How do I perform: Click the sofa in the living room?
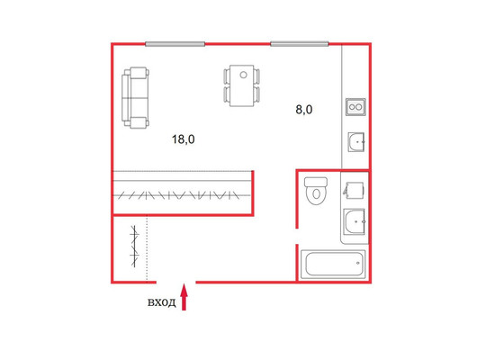click(135, 98)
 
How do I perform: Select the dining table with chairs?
click(242, 85)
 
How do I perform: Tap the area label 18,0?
click(184, 139)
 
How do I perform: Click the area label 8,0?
click(304, 110)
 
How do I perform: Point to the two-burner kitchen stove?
click(355, 107)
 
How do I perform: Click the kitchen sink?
click(356, 142)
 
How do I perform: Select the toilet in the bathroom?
click(316, 191)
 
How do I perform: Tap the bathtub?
click(333, 265)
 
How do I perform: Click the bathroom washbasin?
click(355, 221)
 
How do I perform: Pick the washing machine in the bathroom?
click(354, 190)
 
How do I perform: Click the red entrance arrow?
click(184, 297)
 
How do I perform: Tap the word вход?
click(161, 302)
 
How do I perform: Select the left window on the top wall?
click(175, 44)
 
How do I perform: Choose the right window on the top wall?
click(300, 44)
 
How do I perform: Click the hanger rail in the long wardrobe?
click(182, 195)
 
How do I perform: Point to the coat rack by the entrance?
click(134, 247)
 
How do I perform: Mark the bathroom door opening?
click(297, 237)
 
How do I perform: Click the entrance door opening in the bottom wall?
click(175, 283)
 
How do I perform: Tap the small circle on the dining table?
click(243, 75)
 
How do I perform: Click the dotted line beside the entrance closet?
click(147, 248)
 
